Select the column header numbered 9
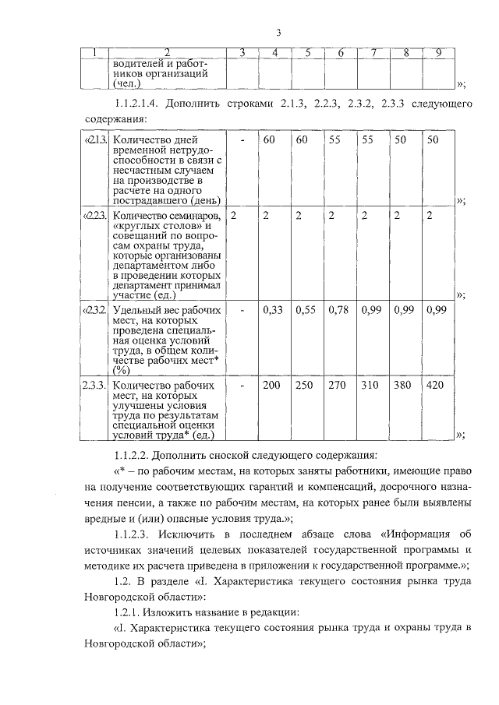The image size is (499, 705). [x=439, y=52]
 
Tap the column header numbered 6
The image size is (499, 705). [x=341, y=52]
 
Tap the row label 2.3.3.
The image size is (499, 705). [x=95, y=386]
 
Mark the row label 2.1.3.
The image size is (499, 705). [x=95, y=140]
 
